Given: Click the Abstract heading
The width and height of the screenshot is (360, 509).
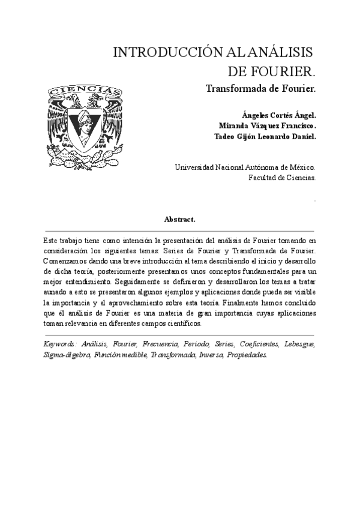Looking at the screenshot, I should pyautogui.click(x=179, y=220).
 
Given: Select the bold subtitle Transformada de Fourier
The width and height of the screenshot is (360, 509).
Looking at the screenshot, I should pyautogui.click(x=260, y=88).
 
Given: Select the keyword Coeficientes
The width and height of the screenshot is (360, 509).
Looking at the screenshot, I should pyautogui.click(x=259, y=344).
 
